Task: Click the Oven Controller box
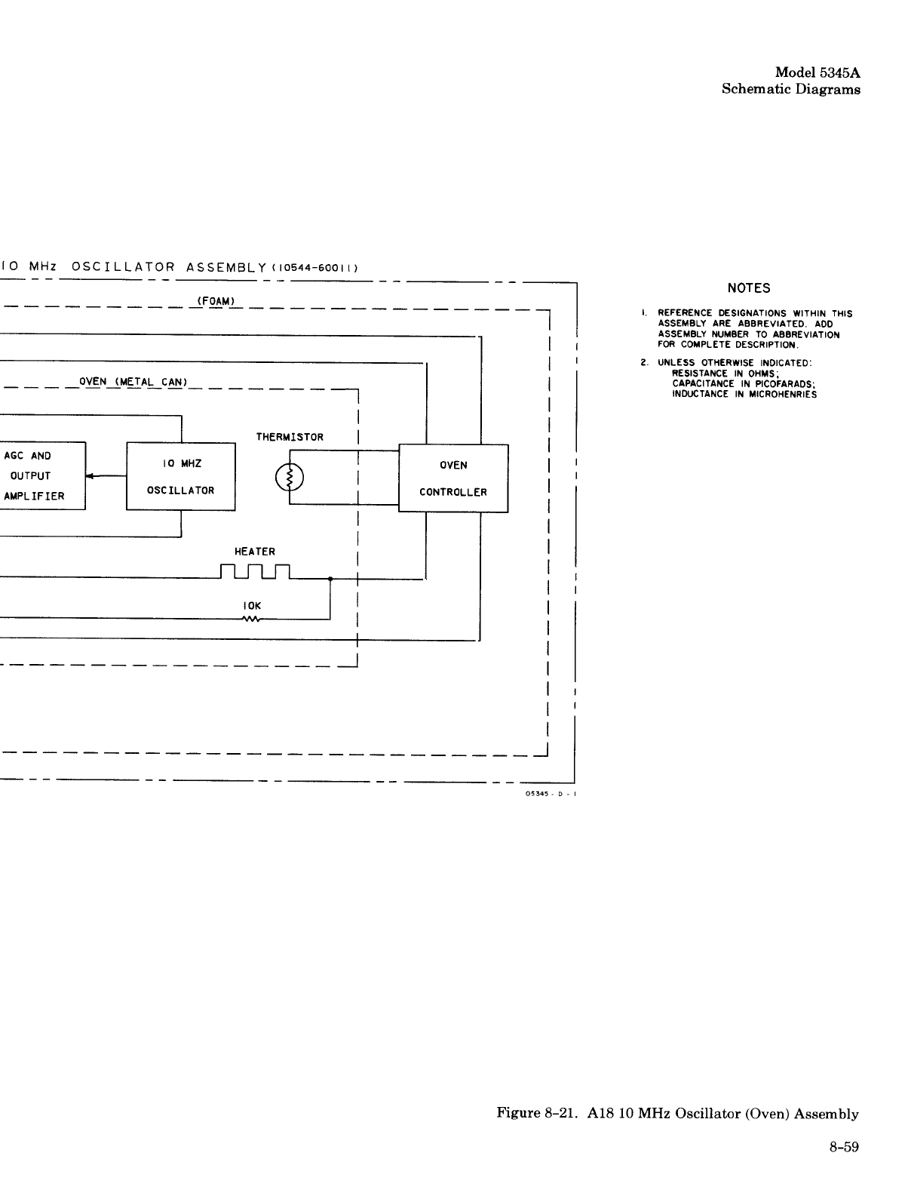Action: click(453, 478)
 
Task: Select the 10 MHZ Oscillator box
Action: click(181, 476)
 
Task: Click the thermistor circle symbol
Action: click(290, 477)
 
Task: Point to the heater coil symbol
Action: click(256, 573)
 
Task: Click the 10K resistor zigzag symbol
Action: click(250, 620)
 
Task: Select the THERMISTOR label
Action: click(290, 437)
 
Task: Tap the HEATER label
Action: click(255, 552)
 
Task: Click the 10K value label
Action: click(253, 605)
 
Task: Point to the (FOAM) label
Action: click(216, 301)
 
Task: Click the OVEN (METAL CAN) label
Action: click(133, 381)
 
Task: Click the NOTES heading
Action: click(749, 288)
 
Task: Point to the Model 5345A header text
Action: click(818, 73)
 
